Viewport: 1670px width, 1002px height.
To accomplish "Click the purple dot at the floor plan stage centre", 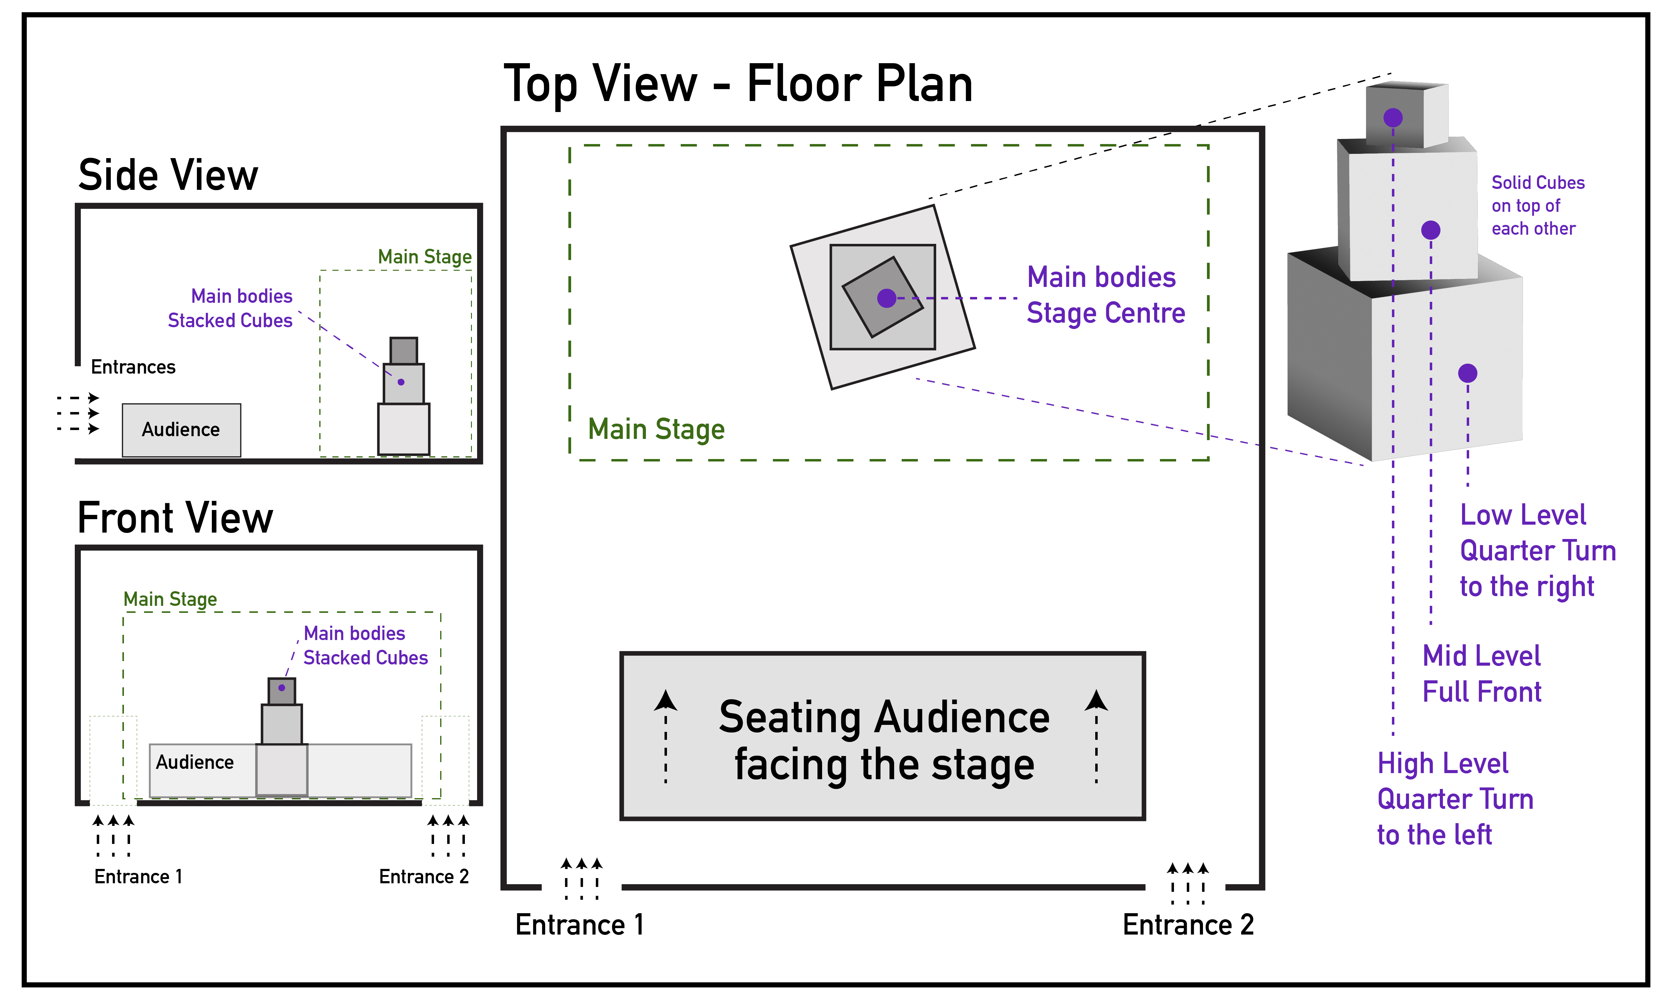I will pyautogui.click(x=887, y=298).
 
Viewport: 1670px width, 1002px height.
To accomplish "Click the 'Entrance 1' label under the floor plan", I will pyautogui.click(x=579, y=925).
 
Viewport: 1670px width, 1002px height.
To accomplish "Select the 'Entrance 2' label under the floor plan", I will pyautogui.click(x=1188, y=925).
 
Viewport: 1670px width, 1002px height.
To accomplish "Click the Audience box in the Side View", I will pyautogui.click(x=181, y=430).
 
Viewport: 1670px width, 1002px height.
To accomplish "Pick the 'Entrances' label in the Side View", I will pyautogui.click(x=133, y=367).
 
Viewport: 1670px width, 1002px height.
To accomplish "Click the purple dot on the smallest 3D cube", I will pyautogui.click(x=1393, y=118).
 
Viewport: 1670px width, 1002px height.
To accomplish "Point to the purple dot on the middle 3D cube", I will pyautogui.click(x=1430, y=230).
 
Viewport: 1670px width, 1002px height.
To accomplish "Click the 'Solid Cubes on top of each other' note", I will pyautogui.click(x=1537, y=206).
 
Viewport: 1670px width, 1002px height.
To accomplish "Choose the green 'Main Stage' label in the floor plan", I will pyautogui.click(x=656, y=429).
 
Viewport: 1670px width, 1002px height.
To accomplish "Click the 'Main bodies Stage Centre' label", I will pyautogui.click(x=1106, y=295).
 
